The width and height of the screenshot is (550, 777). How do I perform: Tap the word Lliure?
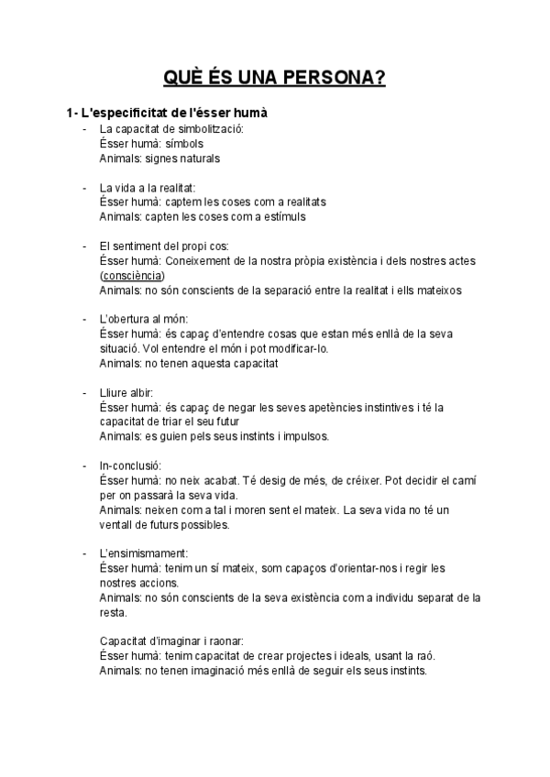point(114,392)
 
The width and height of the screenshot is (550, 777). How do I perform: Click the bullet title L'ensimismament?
point(144,553)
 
